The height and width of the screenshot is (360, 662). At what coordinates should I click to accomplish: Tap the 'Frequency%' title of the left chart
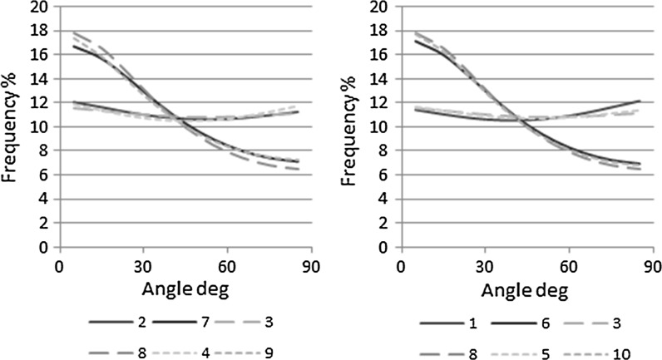(15, 125)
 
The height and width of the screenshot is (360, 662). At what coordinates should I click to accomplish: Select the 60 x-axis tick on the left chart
(226, 268)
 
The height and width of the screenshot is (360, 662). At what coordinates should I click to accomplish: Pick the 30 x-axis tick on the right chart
(485, 268)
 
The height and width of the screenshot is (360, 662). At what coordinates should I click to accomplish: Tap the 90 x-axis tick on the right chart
(652, 268)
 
